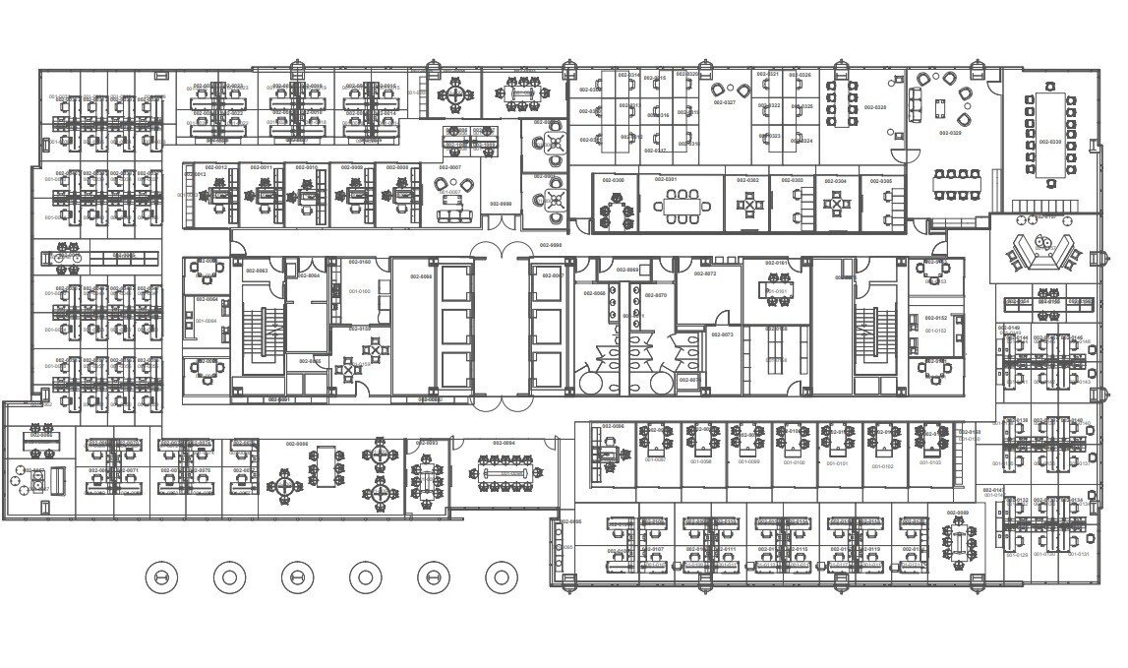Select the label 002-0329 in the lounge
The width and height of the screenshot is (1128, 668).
tap(950, 132)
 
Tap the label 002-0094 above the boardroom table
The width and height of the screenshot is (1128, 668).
tap(503, 444)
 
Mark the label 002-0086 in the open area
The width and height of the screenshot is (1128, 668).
tap(297, 444)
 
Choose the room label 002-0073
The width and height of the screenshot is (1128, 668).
tap(721, 334)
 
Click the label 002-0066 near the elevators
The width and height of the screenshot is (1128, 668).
tap(420, 277)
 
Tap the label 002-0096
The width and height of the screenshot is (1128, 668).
tap(570, 521)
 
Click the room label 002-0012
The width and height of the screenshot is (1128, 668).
tap(215, 168)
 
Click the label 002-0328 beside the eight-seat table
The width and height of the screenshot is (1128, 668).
tap(874, 107)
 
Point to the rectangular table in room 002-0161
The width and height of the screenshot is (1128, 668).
tap(777, 285)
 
